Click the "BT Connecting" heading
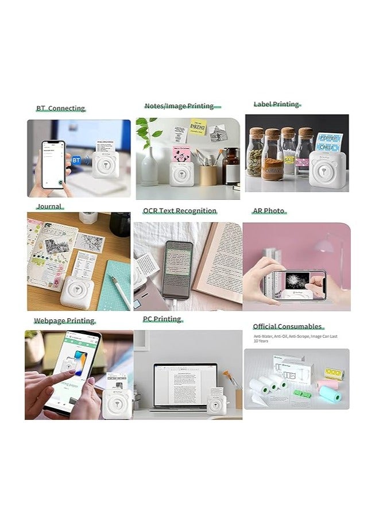(x=60, y=108)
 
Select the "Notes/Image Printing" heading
(x=179, y=106)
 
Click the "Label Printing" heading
(x=277, y=104)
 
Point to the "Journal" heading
(x=49, y=206)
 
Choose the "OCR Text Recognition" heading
(x=180, y=211)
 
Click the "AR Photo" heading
(x=269, y=211)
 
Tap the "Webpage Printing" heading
(x=64, y=321)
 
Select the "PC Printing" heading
(x=162, y=319)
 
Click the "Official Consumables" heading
(x=288, y=326)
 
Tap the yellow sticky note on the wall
(x=198, y=125)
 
